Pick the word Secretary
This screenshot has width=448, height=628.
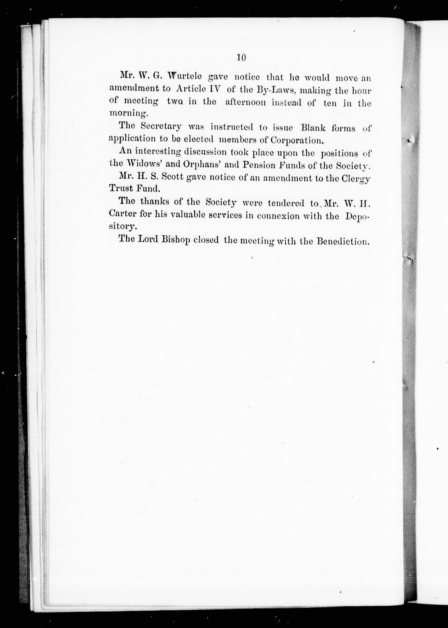(161, 127)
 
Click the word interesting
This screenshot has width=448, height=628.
(158, 152)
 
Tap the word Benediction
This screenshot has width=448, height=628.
(343, 241)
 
